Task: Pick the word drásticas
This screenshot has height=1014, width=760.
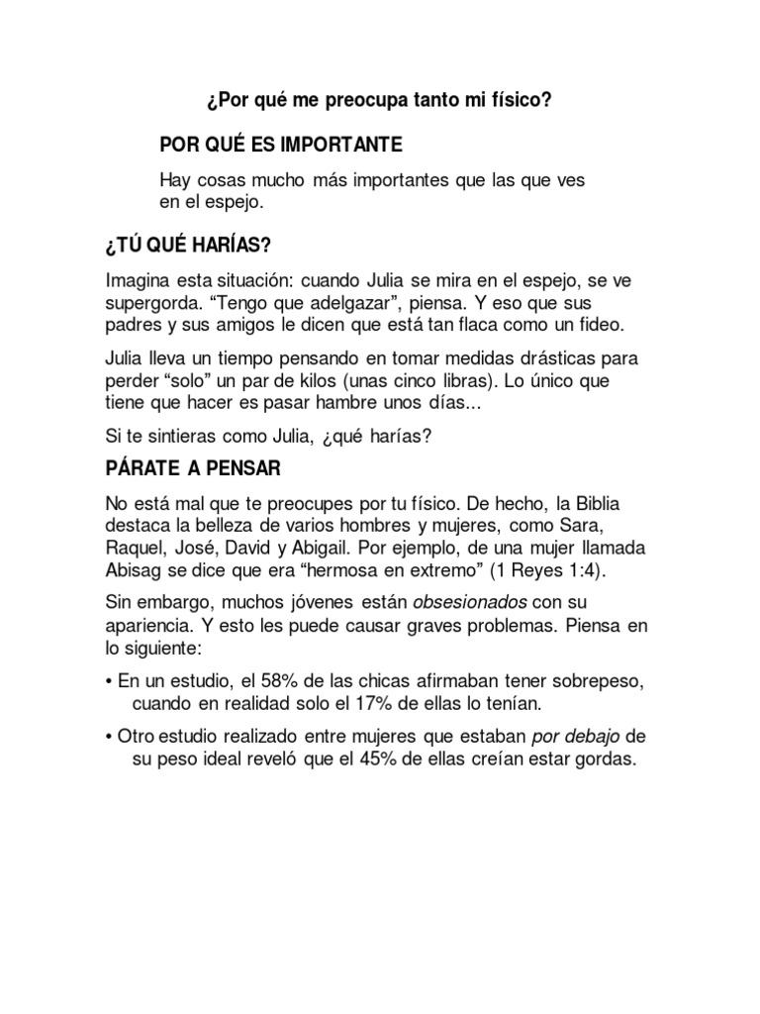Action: click(x=529, y=357)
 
